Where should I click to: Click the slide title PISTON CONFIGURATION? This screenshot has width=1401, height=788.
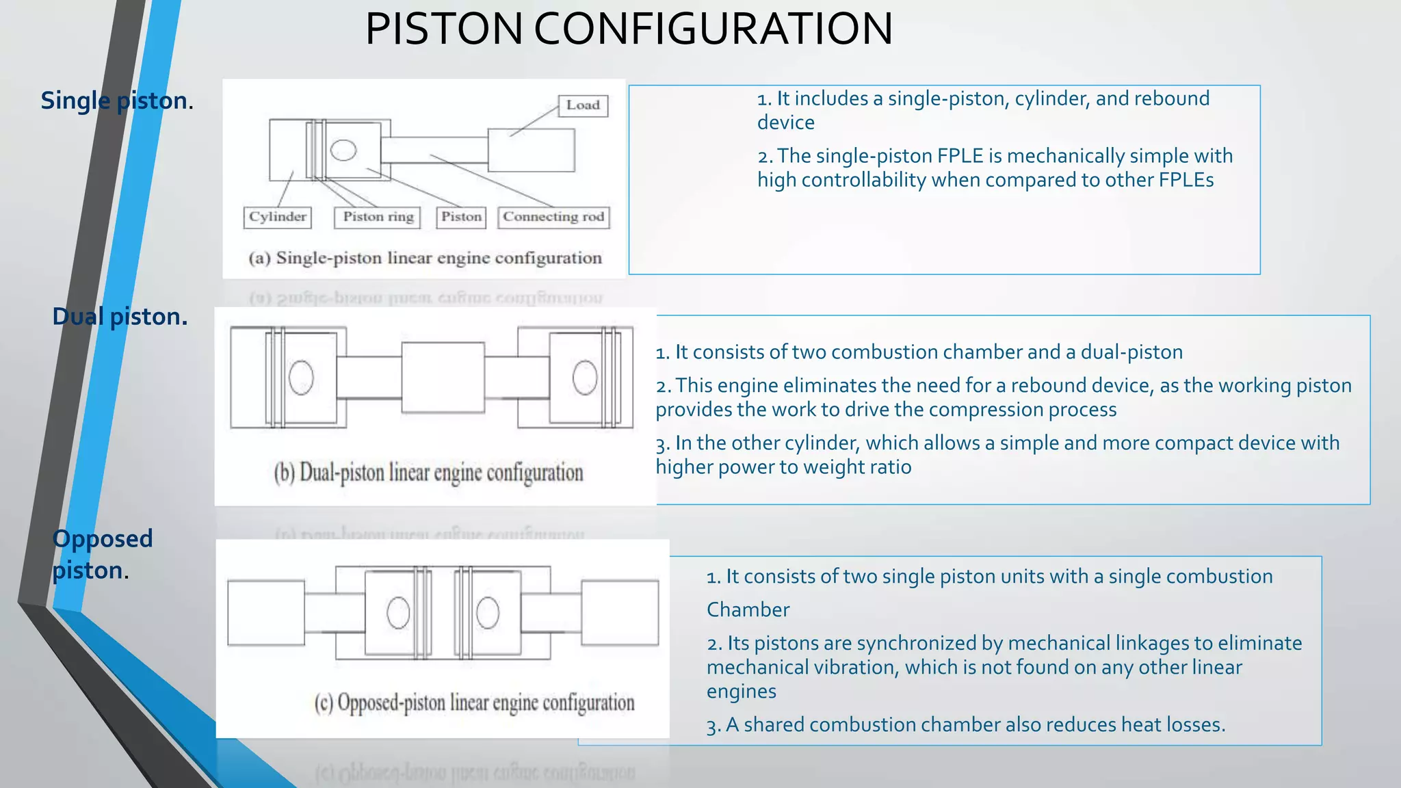coord(628,29)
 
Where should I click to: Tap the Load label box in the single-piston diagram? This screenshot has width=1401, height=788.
coord(583,105)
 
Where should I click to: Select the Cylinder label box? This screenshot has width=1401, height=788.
coord(277,217)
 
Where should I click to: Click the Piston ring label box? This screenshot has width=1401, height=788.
coord(378,217)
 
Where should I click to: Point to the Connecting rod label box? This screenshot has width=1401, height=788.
coord(553,217)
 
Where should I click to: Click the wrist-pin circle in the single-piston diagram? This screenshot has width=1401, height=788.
coord(343,150)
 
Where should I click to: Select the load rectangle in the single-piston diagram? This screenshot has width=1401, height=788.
coord(531,150)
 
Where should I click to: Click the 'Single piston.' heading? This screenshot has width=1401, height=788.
coord(117,101)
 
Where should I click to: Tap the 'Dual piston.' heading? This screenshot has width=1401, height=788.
coord(120,317)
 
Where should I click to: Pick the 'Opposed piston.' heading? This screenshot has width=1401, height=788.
coord(102,554)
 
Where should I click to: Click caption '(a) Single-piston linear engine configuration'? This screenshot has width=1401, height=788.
coord(425,258)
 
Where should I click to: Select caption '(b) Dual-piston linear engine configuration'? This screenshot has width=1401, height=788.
coord(428,473)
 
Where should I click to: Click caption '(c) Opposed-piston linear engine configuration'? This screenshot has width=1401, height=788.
coord(474,702)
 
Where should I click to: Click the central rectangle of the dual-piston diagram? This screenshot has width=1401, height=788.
coord(443,378)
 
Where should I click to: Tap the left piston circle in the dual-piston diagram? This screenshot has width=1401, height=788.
coord(301,378)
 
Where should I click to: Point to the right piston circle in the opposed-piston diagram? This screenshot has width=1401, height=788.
coord(488,613)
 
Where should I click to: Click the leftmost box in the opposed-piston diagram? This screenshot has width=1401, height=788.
coord(266,613)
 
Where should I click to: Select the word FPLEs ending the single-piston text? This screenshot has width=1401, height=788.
coord(1186,180)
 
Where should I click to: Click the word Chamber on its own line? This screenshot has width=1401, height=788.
coord(748,609)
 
